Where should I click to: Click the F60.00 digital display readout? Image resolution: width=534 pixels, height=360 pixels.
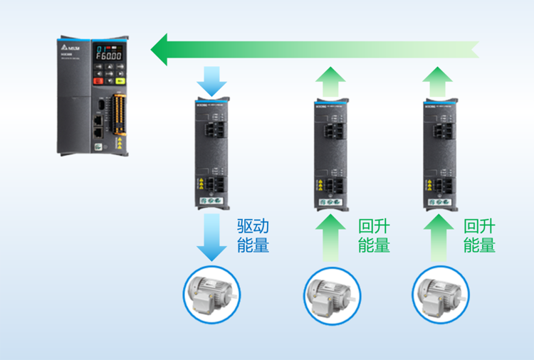point(109,54)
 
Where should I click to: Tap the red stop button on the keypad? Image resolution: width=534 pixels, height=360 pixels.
point(99,80)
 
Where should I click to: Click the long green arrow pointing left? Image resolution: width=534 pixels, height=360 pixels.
point(313,49)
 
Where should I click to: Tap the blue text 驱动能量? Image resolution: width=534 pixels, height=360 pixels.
point(253,236)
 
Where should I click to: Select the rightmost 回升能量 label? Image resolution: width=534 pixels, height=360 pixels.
point(479,236)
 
